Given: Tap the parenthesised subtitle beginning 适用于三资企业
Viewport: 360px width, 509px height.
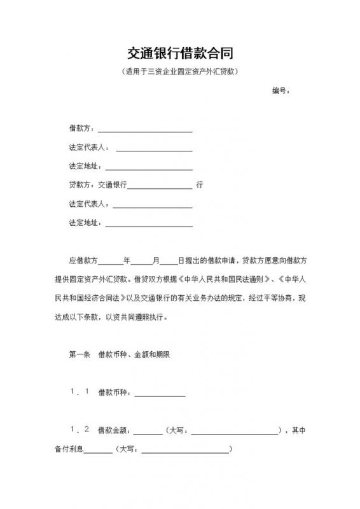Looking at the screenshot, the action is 180,72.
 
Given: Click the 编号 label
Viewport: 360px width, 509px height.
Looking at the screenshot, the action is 280,91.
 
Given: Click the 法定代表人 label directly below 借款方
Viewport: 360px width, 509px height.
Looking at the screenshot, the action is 88,148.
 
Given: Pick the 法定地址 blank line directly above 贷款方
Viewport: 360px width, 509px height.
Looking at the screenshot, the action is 148,167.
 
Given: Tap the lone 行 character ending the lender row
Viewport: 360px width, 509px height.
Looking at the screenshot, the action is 200,186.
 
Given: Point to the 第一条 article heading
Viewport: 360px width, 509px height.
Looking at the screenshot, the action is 80,355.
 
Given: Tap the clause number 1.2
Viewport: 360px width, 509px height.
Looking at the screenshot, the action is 80,430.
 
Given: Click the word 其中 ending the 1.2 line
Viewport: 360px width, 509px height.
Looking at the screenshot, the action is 300,431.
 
